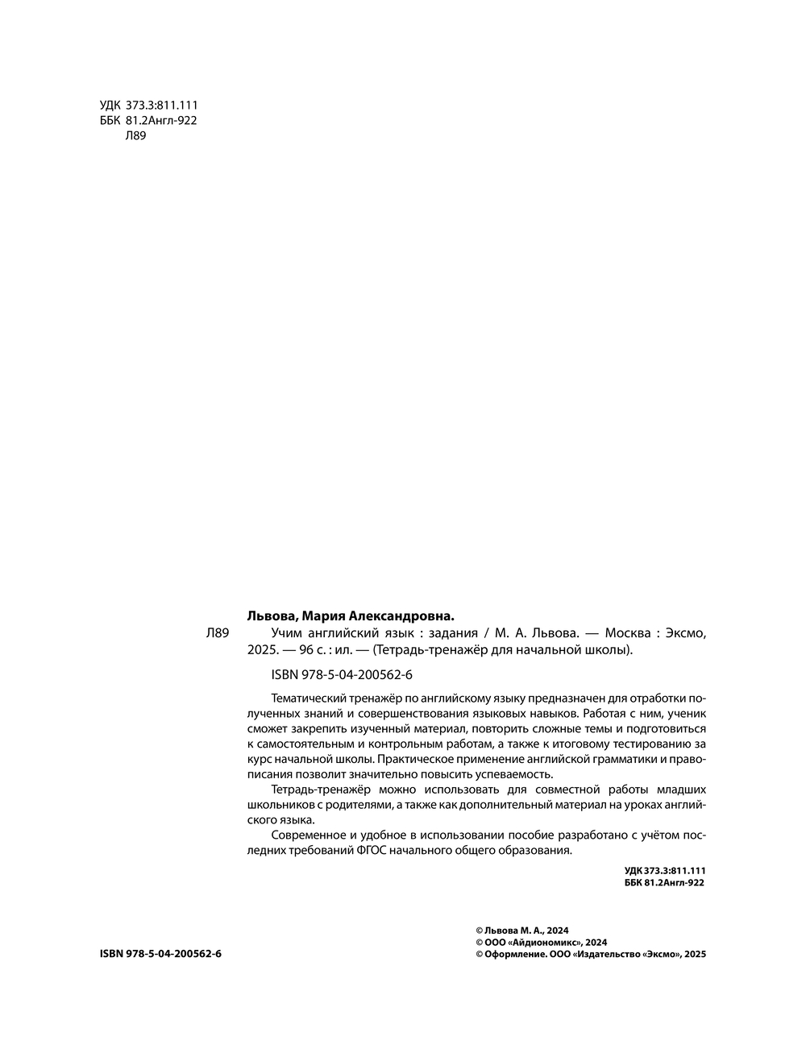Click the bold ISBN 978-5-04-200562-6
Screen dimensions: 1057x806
coord(160,954)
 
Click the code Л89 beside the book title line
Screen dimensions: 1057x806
coord(219,634)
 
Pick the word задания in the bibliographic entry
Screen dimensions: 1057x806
coord(454,633)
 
